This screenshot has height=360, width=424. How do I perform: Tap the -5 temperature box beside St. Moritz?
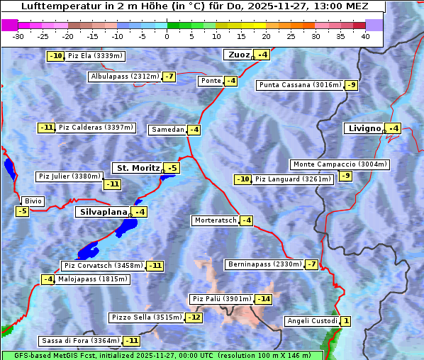click(172, 168)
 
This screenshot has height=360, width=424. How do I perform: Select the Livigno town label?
click(364, 128)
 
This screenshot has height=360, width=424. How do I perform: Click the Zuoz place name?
click(238, 55)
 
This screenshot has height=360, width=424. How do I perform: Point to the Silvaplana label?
click(102, 212)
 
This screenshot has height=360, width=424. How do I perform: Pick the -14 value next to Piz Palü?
click(264, 299)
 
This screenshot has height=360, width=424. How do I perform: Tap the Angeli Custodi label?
click(311, 321)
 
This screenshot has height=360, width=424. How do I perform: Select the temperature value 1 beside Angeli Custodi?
click(345, 321)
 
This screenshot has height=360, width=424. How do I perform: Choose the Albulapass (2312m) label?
click(125, 77)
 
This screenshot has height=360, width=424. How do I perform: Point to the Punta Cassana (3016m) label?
click(300, 85)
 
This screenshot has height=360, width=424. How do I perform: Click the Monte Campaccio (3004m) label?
click(340, 164)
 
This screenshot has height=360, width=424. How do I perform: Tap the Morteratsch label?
click(215, 220)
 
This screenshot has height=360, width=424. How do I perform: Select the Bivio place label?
click(33, 201)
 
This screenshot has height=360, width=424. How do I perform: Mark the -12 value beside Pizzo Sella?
click(194, 317)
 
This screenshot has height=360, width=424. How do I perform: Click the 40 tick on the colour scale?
click(365, 36)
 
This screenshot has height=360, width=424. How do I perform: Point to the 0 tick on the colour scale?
click(167, 36)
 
